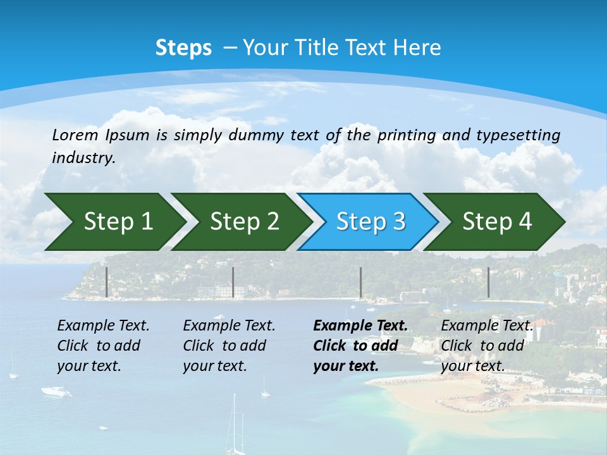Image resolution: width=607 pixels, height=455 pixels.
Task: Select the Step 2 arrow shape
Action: coord(243,222)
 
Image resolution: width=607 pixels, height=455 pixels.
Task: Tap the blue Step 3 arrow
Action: coord(370,222)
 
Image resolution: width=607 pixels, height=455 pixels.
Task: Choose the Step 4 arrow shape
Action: coord(496,222)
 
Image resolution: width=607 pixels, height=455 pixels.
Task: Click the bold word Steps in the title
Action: coord(183,48)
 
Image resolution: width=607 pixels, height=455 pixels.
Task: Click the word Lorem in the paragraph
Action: coord(75,135)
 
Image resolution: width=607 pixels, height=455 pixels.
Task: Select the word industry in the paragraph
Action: coord(83,158)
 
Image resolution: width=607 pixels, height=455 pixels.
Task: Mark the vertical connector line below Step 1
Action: coord(106,282)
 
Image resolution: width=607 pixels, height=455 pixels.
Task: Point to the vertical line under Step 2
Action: coord(233,282)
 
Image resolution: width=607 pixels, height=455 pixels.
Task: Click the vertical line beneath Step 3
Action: coord(360,282)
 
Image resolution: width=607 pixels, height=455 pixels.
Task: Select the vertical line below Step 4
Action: coord(488,282)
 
